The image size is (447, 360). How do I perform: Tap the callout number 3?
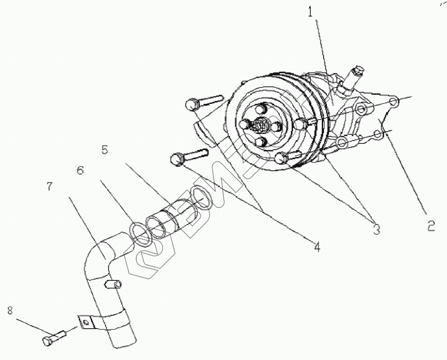(x=376, y=229)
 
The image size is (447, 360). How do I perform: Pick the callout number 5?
(x=105, y=150)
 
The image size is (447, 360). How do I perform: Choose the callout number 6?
(x=80, y=170)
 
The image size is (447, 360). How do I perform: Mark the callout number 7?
(x=50, y=186)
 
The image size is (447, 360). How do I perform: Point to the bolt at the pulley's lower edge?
(x=282, y=158)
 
